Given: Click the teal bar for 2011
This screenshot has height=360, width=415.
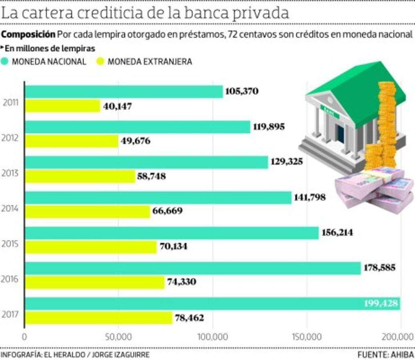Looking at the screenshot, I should pos(124,92).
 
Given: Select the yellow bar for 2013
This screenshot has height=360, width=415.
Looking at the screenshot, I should pos(80,176).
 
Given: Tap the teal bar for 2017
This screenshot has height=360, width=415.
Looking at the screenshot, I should pos(212,304).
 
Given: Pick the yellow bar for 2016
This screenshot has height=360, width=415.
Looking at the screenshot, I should pos(95,282).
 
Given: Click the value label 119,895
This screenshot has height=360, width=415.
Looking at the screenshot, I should pos(269,127).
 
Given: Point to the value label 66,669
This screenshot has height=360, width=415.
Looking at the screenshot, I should pos(166,211).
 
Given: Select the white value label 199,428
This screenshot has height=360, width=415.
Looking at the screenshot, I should pos(381,304).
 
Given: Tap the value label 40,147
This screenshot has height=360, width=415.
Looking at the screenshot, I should pos(117,106).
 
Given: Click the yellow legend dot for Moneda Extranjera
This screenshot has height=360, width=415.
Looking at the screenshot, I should pos(100,62).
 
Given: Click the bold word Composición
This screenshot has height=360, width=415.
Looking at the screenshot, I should pos(28,34).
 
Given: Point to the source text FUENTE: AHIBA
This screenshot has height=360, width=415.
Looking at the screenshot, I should pos(385,355).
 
